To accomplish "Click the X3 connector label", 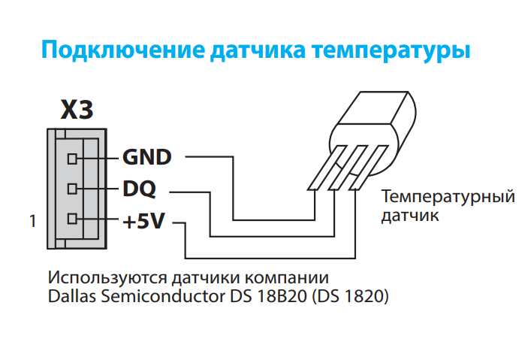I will pos(77,110).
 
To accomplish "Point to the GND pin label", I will pos(147,158).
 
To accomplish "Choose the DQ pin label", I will pos(140,189).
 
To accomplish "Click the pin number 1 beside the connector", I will pos(32,222).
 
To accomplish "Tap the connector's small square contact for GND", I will pos(72,159).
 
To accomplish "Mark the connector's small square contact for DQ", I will pos(72,189).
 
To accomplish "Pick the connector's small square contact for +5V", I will pos(72,220).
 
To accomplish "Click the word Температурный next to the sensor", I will pos(448,198).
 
